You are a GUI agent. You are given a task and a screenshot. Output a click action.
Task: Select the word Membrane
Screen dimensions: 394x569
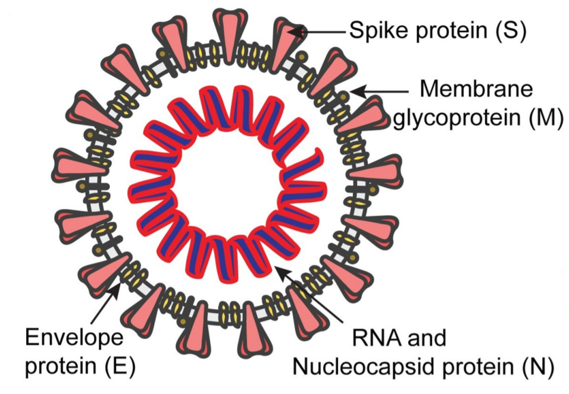point(476,90)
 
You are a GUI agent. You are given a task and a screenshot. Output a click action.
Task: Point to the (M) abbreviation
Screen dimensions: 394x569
point(545,118)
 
